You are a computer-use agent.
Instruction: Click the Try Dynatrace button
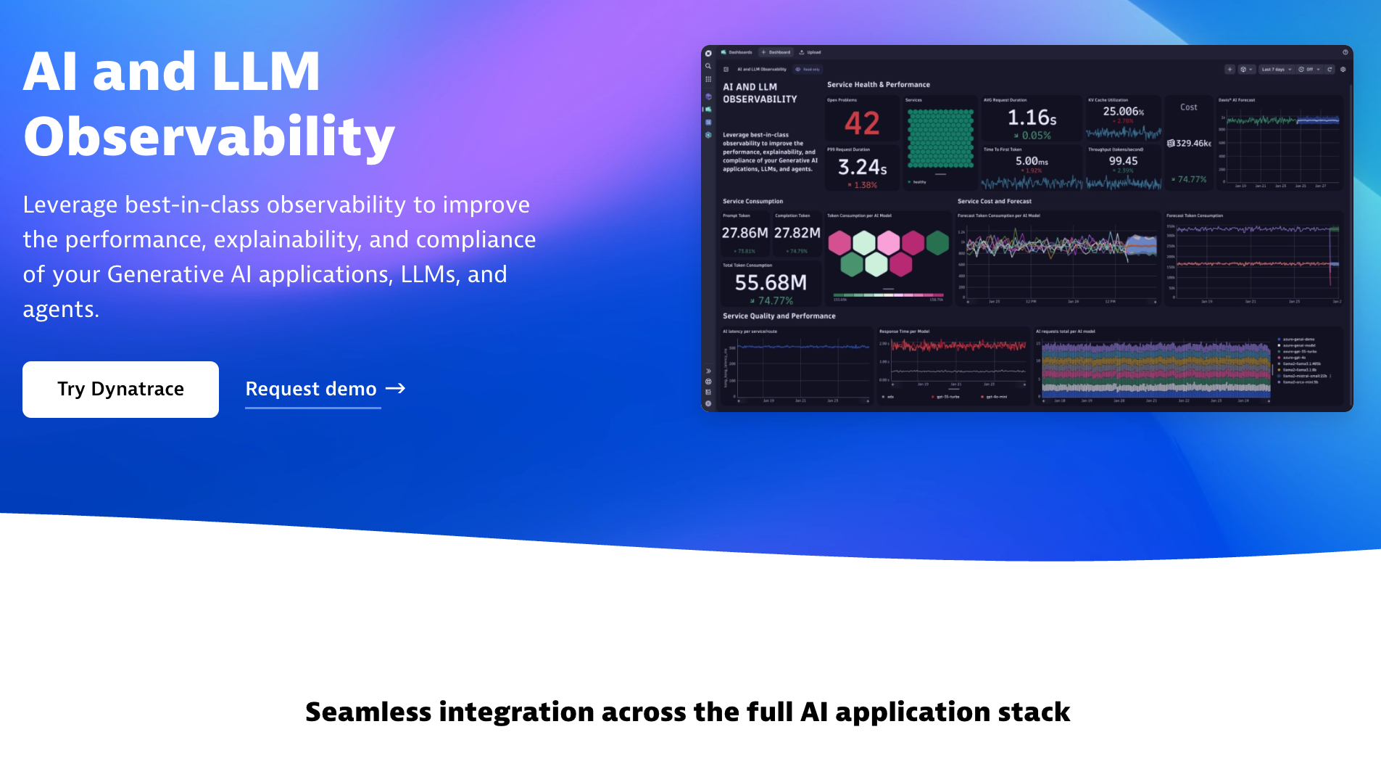point(120,390)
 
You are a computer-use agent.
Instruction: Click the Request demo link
point(311,390)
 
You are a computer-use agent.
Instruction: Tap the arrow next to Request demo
point(395,389)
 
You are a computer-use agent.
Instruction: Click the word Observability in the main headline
point(209,136)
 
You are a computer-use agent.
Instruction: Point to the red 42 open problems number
point(862,123)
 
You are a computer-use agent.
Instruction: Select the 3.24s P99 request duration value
point(862,168)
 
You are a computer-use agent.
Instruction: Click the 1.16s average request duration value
point(1032,118)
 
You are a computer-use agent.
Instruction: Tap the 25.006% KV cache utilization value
point(1123,112)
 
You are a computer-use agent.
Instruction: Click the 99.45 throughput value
point(1123,161)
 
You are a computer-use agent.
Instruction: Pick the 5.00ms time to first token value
point(1032,161)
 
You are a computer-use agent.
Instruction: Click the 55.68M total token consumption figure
point(771,283)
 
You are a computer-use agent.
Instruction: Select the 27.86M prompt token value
point(745,233)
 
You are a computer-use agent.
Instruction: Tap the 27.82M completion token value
point(797,233)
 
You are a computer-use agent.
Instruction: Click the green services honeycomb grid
point(940,139)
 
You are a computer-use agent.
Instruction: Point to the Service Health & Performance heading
point(878,85)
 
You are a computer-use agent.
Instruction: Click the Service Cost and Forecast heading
point(994,202)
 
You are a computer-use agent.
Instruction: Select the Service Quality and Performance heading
point(779,316)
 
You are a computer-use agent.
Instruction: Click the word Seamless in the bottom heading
point(368,712)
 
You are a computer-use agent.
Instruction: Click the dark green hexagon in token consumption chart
point(937,243)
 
